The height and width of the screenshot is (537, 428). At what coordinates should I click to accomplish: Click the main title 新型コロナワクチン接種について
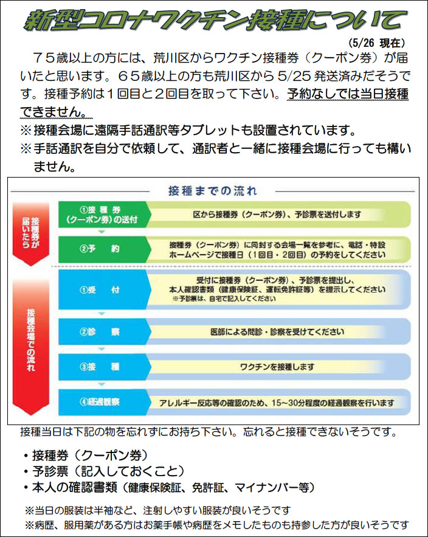point(214,19)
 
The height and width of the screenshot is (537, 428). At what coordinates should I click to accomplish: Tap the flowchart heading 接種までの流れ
point(212,191)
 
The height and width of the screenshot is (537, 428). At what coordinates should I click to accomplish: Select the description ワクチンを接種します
point(277,367)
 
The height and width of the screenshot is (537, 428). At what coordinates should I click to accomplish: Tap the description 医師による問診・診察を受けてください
point(277,332)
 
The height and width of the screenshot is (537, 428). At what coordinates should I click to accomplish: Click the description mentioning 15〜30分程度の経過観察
point(277,403)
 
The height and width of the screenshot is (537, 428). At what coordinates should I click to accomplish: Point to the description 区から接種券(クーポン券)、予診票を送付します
point(277,215)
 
